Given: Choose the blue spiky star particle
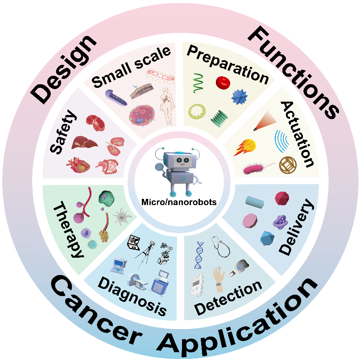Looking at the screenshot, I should [239, 96].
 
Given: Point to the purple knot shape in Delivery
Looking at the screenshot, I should [281, 221].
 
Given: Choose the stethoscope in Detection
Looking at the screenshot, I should [222, 246].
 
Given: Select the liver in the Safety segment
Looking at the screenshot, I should [85, 143].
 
